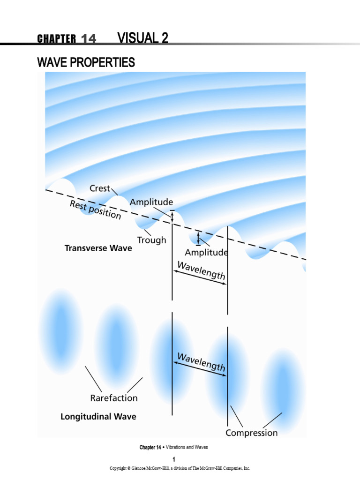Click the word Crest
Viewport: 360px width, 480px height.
click(x=99, y=188)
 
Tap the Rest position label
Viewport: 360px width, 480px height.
click(x=95, y=210)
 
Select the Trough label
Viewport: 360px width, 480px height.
click(x=151, y=240)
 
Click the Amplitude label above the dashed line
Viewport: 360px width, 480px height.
click(x=151, y=202)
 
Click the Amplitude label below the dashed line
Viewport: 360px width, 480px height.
click(x=207, y=252)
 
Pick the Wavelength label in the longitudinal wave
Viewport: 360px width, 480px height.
click(x=201, y=361)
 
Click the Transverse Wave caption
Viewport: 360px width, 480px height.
click(x=98, y=248)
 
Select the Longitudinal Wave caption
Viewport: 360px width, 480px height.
click(x=98, y=416)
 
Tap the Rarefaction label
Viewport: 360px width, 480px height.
click(x=114, y=398)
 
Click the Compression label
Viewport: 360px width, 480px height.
click(x=252, y=433)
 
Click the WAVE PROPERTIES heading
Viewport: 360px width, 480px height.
click(x=86, y=62)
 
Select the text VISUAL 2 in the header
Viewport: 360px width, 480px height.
click(x=143, y=38)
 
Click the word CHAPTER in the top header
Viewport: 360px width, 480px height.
click(x=56, y=39)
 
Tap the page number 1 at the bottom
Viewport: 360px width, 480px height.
click(x=173, y=458)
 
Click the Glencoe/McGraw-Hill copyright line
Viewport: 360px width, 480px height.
click(x=180, y=468)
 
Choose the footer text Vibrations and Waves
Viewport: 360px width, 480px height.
click(x=187, y=447)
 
